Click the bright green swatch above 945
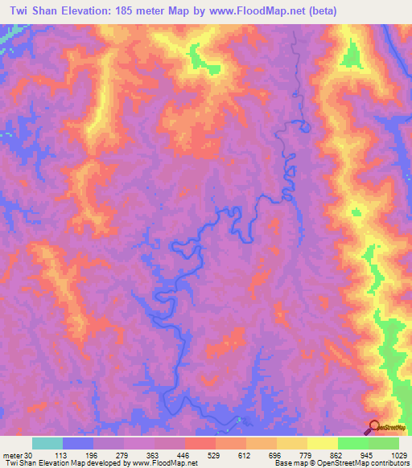point(352,443)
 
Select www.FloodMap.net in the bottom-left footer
point(167,463)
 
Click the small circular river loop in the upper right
point(304,125)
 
